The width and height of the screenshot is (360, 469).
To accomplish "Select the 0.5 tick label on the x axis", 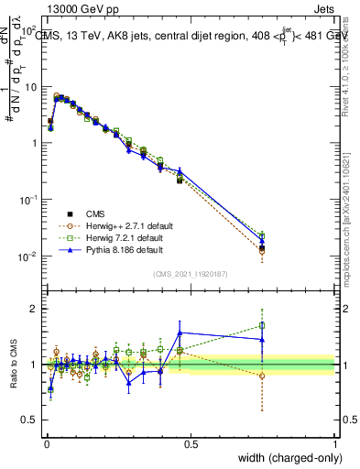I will [191, 444].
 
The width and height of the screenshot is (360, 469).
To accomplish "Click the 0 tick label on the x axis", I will [46, 444].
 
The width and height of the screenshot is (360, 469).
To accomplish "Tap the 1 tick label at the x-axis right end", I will [335, 444].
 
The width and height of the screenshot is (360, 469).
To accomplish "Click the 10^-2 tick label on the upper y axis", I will [27, 256].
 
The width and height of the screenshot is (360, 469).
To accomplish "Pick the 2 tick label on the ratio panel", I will [35, 309].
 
